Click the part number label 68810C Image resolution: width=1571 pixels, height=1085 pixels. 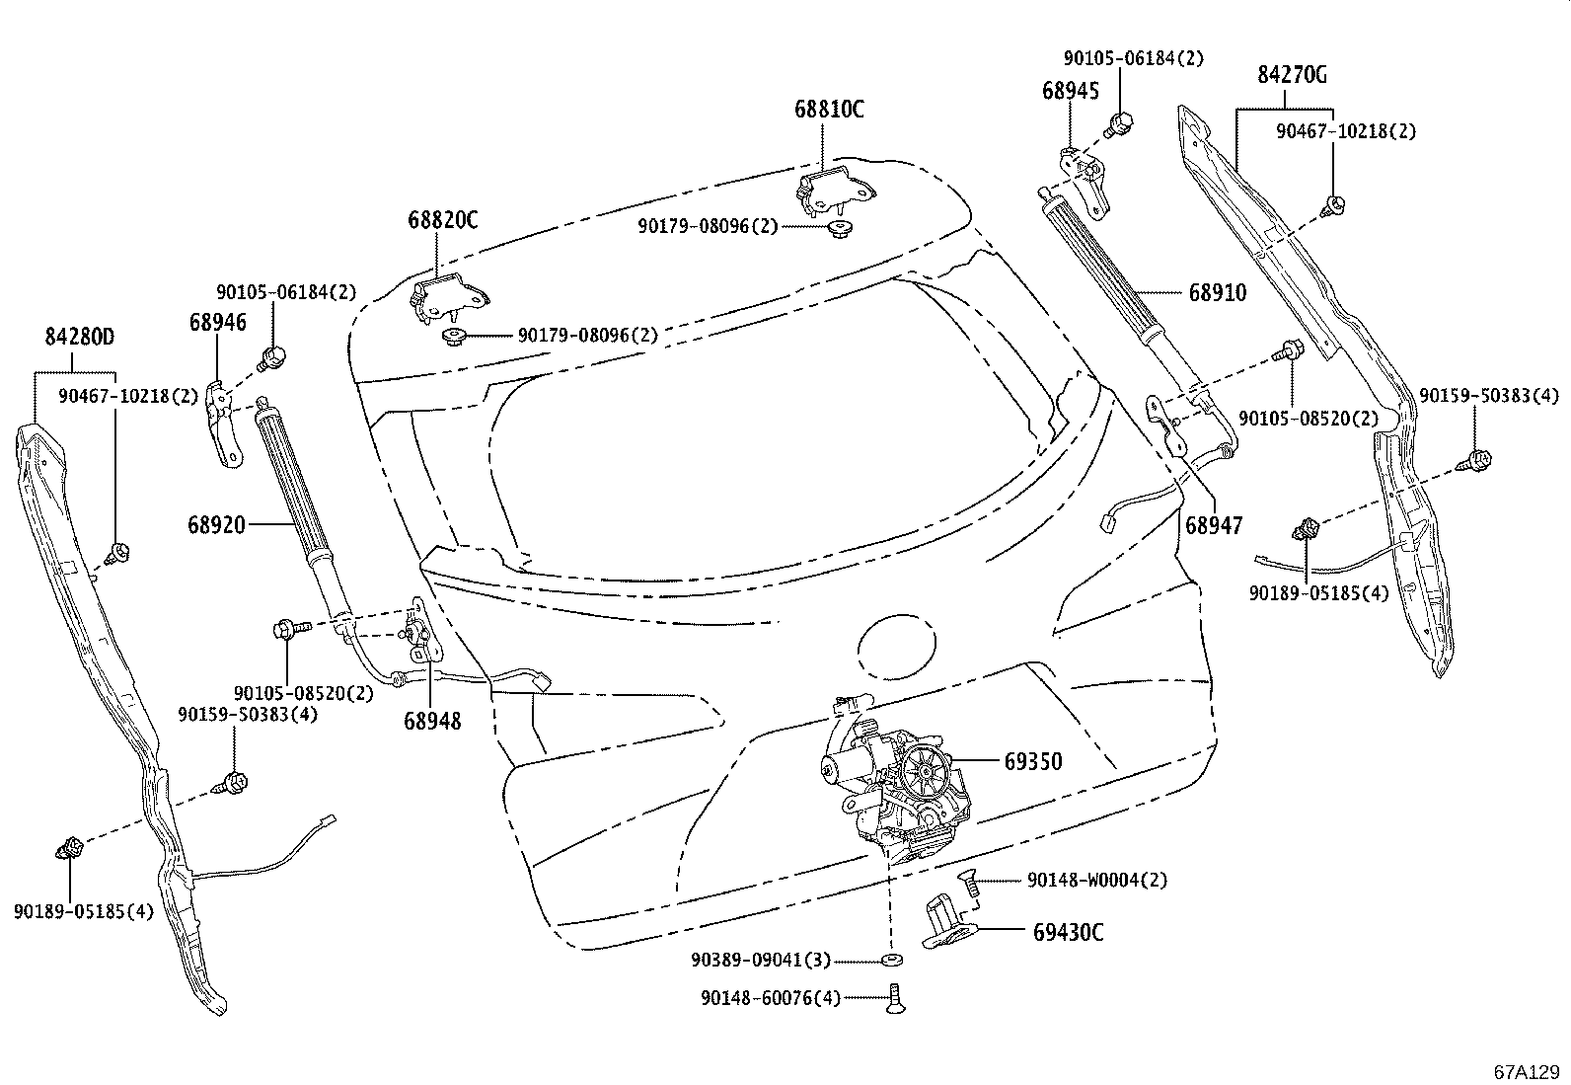click(829, 110)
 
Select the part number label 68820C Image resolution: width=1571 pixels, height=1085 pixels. click(442, 220)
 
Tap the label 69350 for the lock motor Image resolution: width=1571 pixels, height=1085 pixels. click(1033, 761)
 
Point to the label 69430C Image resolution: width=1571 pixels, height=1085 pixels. click(1068, 932)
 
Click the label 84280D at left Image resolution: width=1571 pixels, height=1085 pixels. click(79, 337)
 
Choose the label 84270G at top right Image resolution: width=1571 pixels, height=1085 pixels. click(1292, 74)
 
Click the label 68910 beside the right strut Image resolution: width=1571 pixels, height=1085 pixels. click(1216, 292)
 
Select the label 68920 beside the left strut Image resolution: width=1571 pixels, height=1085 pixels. click(216, 524)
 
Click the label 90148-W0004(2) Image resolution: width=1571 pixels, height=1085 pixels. click(1096, 880)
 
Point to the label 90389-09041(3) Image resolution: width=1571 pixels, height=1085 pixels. click(761, 960)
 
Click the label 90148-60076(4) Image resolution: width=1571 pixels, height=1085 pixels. click(771, 998)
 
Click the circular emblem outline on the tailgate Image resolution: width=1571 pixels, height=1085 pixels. click(896, 649)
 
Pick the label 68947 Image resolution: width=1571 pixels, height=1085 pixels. click(1214, 526)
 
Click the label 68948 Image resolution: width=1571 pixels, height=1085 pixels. click(432, 722)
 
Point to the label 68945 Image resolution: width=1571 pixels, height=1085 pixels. click(1070, 90)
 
